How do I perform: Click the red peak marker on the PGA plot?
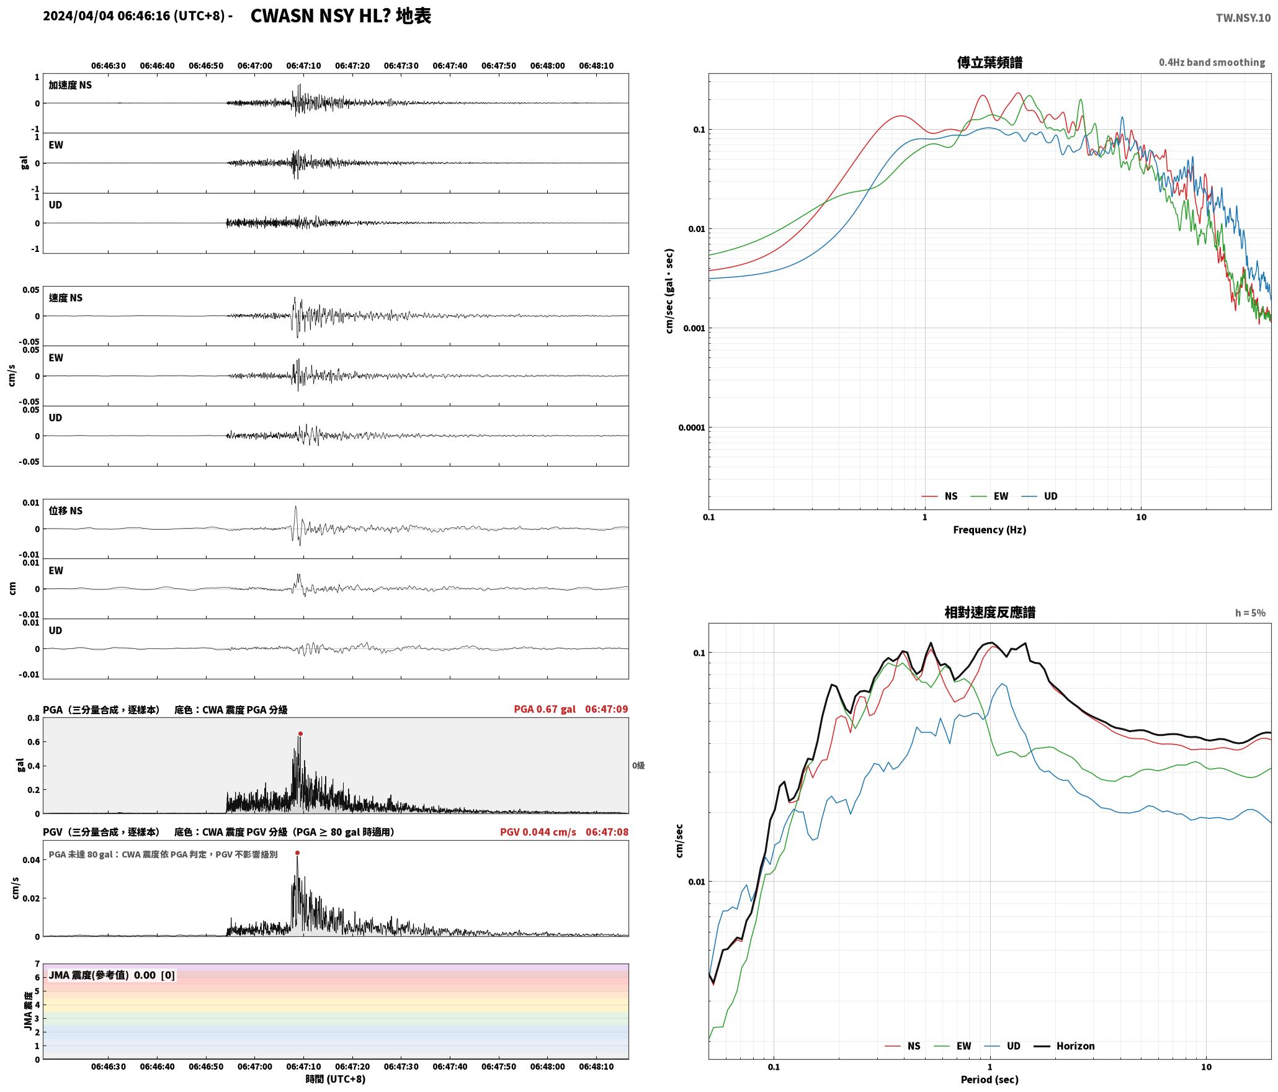300,733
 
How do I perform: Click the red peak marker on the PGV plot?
297,853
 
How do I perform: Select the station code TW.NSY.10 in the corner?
1243,18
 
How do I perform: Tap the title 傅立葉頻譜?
990,63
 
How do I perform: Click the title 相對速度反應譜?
990,612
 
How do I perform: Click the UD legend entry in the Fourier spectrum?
1040,496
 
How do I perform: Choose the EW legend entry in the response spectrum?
953,1045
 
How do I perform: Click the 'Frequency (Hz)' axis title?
990,529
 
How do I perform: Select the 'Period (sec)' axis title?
990,1079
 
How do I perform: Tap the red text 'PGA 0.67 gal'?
544,709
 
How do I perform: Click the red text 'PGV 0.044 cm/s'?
538,831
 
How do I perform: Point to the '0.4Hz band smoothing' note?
1212,62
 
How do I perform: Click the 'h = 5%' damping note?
1250,613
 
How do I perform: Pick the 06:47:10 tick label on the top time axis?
303,65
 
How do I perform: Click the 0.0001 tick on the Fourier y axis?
692,427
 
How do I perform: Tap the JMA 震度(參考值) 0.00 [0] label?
112,975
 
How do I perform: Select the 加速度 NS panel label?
70,85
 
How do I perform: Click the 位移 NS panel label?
65,511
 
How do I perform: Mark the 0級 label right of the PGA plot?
638,765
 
